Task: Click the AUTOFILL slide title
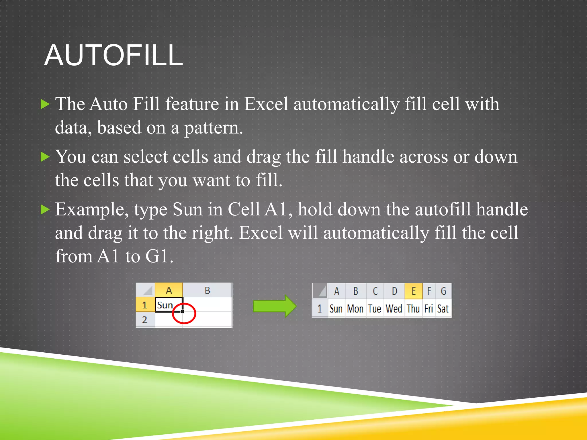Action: [x=114, y=56]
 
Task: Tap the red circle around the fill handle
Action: [x=184, y=313]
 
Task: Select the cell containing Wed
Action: [x=394, y=309]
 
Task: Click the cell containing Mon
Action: [x=355, y=309]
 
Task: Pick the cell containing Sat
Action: [x=443, y=309]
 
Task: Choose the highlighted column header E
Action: [x=414, y=291]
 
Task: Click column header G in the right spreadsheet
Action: [x=443, y=291]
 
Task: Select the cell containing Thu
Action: [x=413, y=309]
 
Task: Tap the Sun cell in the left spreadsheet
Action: [x=168, y=305]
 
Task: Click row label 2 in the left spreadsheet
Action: [x=145, y=320]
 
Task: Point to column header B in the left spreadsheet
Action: [x=207, y=290]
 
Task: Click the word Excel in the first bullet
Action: [x=266, y=104]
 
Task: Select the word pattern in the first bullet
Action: [x=213, y=128]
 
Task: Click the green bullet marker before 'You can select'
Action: [x=45, y=157]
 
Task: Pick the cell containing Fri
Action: [x=428, y=309]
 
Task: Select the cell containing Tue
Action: [x=375, y=309]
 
